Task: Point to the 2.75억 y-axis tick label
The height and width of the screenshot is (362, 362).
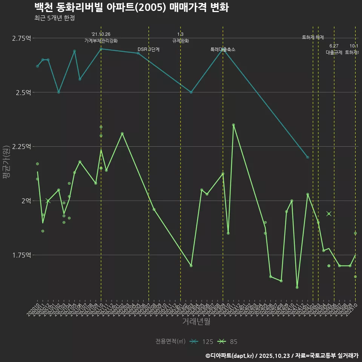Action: pos(21,38)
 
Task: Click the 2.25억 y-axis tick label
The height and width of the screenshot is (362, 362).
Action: pos(21,146)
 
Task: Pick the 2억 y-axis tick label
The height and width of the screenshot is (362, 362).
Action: pos(26,201)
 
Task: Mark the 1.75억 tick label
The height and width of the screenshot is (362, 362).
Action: pos(21,255)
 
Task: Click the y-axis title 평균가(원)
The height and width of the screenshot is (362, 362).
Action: pos(5,163)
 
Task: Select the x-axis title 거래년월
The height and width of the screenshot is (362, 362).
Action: pos(196,321)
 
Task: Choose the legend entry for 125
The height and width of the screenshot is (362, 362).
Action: pos(202,342)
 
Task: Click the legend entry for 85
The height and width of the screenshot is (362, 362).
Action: pos(229,342)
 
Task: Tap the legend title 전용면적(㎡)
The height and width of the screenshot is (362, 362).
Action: pos(170,342)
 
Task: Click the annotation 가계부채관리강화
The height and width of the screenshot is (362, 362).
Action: pos(101,41)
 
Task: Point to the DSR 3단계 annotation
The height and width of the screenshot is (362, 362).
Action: pos(149,49)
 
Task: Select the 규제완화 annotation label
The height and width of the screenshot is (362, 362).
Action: pos(180,41)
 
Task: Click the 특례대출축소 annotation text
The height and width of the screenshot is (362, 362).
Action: pos(223,49)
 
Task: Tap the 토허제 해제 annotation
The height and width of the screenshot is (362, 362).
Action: pos(313,37)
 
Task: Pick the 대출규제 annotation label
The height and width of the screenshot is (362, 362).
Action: pos(334,52)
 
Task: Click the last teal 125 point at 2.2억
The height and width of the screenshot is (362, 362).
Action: pos(308,157)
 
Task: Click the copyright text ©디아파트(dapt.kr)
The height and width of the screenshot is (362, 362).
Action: pos(230,355)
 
